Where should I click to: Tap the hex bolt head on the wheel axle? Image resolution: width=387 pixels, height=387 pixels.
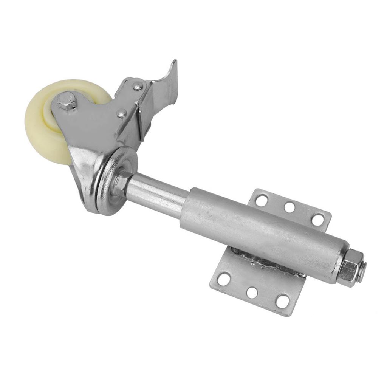click(x=67, y=101)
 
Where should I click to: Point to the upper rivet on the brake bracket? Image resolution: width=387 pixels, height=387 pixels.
click(x=138, y=86)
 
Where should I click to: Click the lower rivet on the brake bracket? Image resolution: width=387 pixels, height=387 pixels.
click(x=122, y=113)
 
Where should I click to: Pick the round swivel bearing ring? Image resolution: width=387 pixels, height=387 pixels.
click(x=113, y=181)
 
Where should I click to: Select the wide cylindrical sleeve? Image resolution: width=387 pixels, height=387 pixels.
click(x=257, y=231)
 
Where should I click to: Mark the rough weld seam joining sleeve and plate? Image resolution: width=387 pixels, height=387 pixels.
click(x=265, y=261)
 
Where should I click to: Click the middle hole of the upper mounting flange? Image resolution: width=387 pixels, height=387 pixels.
click(x=289, y=207)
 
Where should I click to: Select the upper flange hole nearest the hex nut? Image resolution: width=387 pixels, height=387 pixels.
click(x=317, y=219)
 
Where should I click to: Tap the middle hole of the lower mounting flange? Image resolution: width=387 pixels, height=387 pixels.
click(x=252, y=293)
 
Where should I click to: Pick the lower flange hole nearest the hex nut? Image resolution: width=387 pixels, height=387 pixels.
click(x=282, y=301)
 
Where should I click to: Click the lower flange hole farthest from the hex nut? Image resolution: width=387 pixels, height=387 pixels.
click(x=224, y=279)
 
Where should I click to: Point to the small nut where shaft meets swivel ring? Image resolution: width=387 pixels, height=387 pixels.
click(x=122, y=181)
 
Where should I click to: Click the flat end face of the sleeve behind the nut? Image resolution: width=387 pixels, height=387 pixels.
click(x=338, y=261)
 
